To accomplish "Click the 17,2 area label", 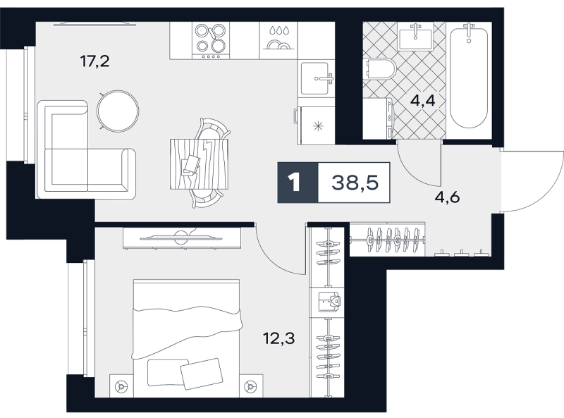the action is click(x=94, y=61).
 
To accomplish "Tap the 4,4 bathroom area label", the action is click(x=422, y=101).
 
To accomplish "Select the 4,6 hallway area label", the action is click(x=447, y=197).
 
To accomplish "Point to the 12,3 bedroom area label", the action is click(x=278, y=338).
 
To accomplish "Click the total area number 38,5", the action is click(x=355, y=183).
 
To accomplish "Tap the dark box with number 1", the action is click(x=298, y=183).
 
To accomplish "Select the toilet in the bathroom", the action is click(x=380, y=68).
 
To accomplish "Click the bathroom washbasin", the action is click(x=415, y=37).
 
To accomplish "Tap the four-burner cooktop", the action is click(x=211, y=41).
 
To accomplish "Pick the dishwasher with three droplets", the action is click(x=278, y=41).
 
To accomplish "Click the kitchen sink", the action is click(x=317, y=78).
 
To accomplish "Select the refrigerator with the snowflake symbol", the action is click(x=316, y=125).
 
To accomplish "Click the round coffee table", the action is click(x=118, y=111).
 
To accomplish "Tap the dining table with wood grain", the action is click(x=200, y=164).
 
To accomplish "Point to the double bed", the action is click(x=186, y=338).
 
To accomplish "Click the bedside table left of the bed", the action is click(x=121, y=386).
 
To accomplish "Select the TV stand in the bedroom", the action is click(x=182, y=238).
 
